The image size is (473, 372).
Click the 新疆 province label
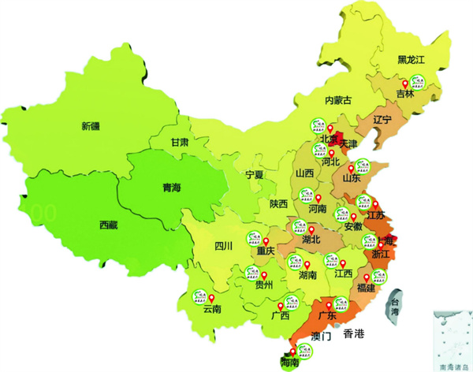click(x=91, y=125)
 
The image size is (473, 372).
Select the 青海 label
click(x=172, y=188)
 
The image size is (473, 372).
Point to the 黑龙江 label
click(x=411, y=59)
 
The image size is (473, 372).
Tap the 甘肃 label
click(x=179, y=143)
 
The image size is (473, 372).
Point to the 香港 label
click(x=355, y=334)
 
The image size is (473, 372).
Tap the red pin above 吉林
click(x=405, y=84)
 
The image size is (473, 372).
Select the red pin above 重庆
click(x=265, y=241)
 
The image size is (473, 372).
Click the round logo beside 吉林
click(x=418, y=82)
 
